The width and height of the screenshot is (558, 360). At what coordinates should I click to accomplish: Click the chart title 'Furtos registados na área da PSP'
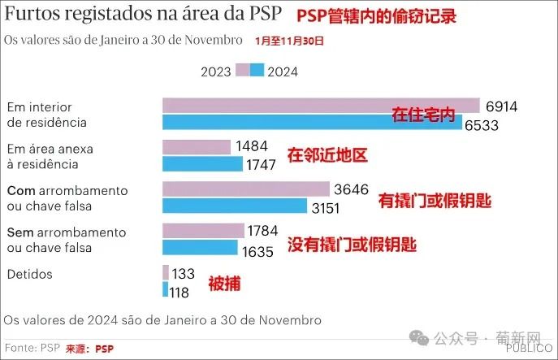pyautogui.click(x=144, y=15)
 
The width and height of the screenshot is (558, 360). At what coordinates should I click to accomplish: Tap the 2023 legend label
pyautogui.click(x=217, y=71)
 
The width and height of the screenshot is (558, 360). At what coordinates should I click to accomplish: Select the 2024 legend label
pyautogui.click(x=283, y=71)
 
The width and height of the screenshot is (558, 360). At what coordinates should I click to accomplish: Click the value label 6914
pyautogui.click(x=502, y=106)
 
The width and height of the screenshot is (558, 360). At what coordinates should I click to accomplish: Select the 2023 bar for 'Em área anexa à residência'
pyautogui.click(x=197, y=146)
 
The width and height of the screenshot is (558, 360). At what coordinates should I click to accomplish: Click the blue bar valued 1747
pyautogui.click(x=202, y=163)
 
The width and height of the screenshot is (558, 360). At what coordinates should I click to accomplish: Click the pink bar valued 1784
pyautogui.click(x=203, y=231)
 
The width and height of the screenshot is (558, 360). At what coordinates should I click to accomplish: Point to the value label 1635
pyautogui.click(x=257, y=251)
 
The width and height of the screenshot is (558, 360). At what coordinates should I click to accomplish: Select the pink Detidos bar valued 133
pyautogui.click(x=166, y=272)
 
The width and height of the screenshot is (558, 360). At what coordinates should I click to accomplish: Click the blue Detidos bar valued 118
pyautogui.click(x=165, y=289)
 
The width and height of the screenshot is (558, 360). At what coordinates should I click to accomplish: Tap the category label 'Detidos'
pyautogui.click(x=29, y=274)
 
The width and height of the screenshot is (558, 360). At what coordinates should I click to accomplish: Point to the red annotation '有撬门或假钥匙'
pyautogui.click(x=436, y=200)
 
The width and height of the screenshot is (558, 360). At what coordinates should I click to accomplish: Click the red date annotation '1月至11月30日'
pyautogui.click(x=289, y=40)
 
